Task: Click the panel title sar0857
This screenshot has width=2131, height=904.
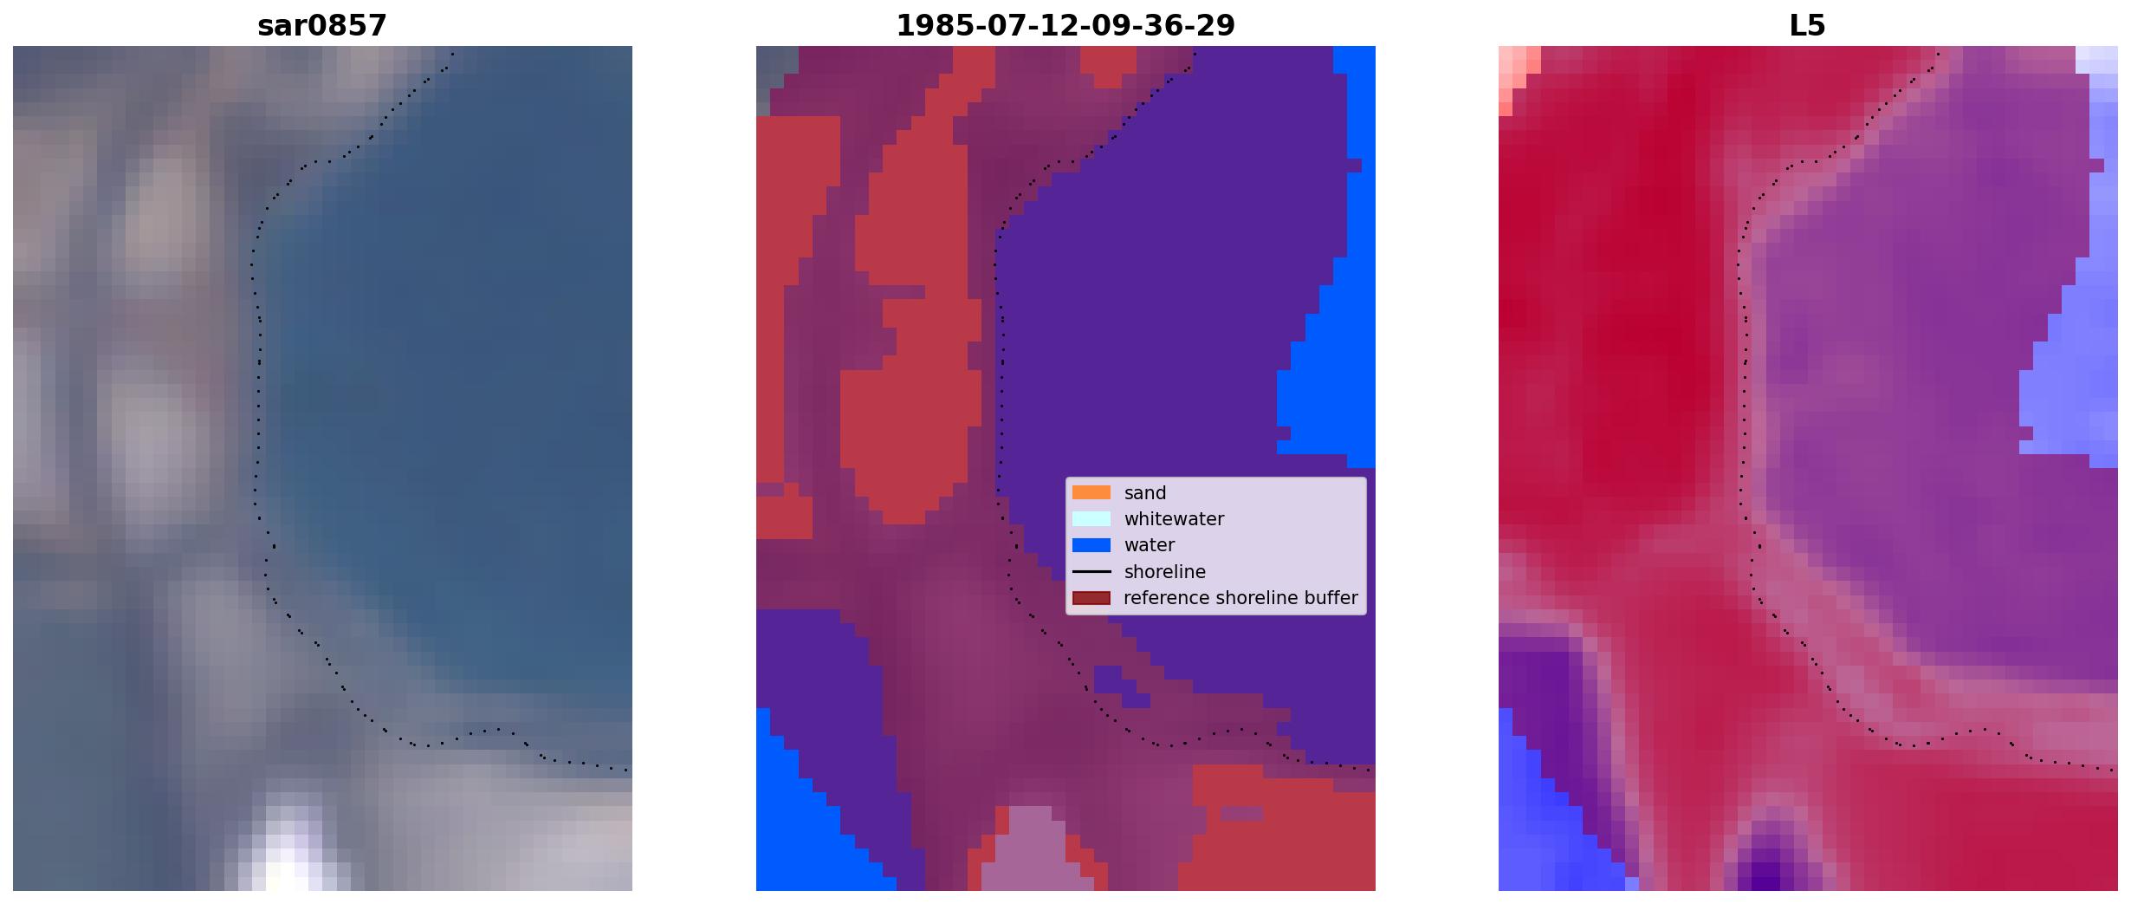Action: coord(322,26)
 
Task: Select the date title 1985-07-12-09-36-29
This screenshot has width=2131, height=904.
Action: coord(1065,26)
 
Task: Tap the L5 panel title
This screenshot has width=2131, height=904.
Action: coord(1808,26)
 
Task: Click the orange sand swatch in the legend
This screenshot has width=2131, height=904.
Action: coord(1091,492)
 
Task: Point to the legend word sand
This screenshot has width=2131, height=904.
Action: coord(1145,493)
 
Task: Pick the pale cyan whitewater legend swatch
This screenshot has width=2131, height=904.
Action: coord(1091,518)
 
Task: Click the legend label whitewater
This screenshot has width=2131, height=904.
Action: coord(1174,519)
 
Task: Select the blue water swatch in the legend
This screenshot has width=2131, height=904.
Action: coord(1091,545)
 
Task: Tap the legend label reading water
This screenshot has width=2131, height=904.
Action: coord(1150,545)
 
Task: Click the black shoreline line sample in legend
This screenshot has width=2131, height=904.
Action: coord(1091,571)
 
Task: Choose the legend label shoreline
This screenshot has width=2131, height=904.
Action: coord(1165,572)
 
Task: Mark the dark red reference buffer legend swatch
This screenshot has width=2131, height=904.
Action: coord(1091,598)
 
